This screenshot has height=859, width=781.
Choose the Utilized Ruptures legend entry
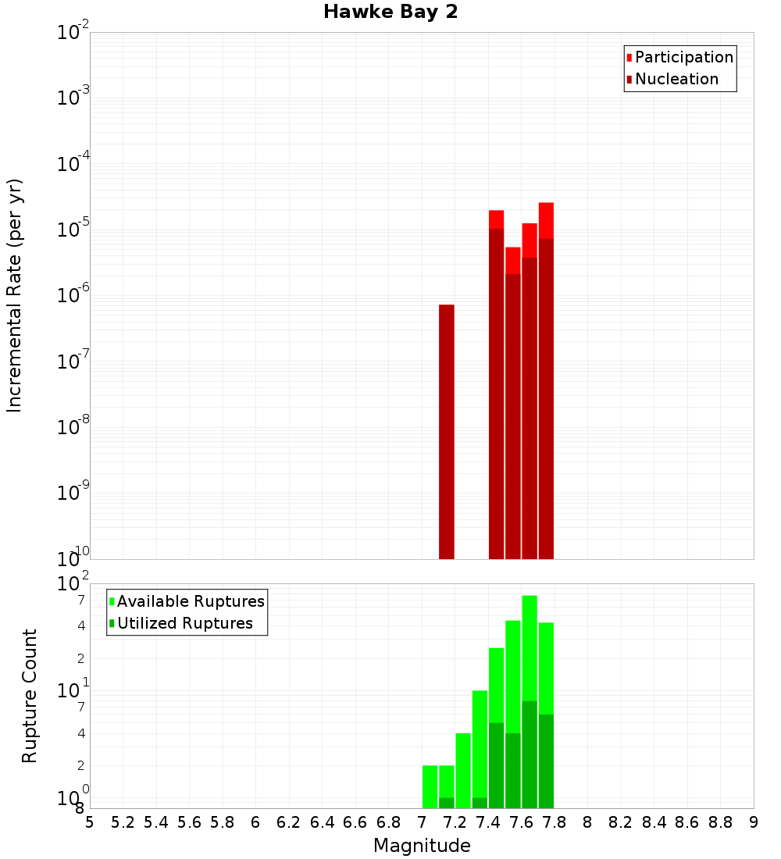click(x=184, y=623)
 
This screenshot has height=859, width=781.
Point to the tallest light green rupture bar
click(x=530, y=648)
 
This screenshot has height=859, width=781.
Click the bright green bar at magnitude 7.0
click(x=430, y=786)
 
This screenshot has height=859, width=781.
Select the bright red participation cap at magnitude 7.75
click(x=546, y=220)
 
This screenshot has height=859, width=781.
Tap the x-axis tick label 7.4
click(x=488, y=822)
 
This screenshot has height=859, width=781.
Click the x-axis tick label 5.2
click(x=123, y=822)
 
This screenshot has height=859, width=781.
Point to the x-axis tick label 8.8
click(x=720, y=822)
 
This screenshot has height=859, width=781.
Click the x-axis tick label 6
click(x=255, y=822)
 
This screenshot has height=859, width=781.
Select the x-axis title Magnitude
click(x=422, y=846)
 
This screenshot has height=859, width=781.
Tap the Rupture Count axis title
click(x=30, y=695)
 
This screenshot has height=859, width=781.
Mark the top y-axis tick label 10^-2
click(x=73, y=33)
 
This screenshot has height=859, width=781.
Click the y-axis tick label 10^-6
click(x=73, y=296)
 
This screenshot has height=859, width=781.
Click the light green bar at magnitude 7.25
click(x=463, y=770)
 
